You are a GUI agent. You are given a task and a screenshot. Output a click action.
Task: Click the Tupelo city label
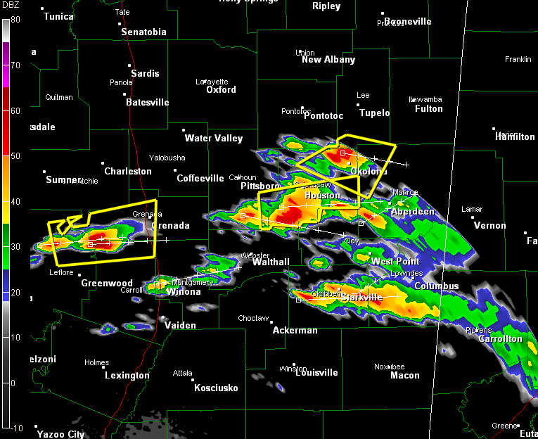(x=374, y=113)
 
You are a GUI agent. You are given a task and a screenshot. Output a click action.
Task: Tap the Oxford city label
(x=221, y=90)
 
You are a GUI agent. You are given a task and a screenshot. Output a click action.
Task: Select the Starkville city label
(x=361, y=298)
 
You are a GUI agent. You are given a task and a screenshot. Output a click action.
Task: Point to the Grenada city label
(x=171, y=226)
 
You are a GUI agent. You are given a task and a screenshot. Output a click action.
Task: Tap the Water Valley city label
(x=214, y=138)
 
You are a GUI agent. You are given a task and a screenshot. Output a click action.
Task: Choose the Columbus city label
(x=436, y=286)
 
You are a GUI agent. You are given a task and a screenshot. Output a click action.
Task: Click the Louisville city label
(x=316, y=373)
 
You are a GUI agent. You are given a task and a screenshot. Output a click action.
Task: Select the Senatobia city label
(x=143, y=32)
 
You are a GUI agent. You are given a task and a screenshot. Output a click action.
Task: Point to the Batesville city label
(x=148, y=103)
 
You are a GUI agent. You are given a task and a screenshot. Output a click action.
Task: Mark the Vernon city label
(x=490, y=226)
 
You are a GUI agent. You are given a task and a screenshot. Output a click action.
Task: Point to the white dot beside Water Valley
(x=184, y=129)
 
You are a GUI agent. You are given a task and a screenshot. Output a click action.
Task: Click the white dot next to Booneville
(x=383, y=13)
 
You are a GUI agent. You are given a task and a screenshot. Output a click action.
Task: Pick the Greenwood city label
(x=107, y=284)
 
